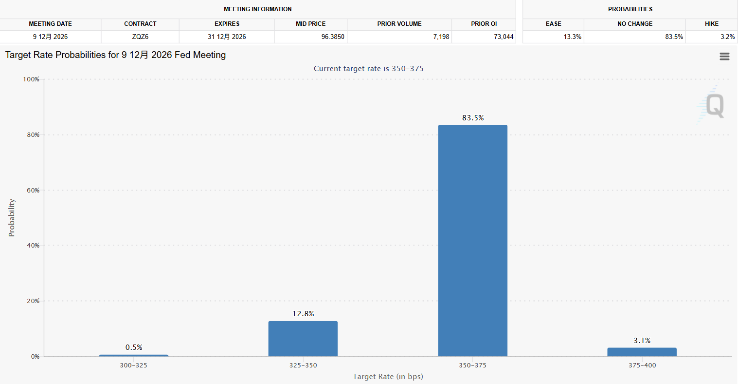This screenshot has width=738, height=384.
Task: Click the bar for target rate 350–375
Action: pos(472,241)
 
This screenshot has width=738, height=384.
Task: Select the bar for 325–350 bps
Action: pos(303,339)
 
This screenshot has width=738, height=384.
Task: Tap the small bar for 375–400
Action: pos(642,352)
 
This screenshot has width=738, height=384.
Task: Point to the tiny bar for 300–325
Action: pos(134,355)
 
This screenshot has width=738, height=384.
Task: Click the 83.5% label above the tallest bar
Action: pos(473,118)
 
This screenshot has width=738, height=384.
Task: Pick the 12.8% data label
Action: pos(303,314)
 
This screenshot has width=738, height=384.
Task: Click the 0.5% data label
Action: pos(134,347)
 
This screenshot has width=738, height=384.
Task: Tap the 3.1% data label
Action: pos(642,341)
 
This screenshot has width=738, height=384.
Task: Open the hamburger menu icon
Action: pos(724,57)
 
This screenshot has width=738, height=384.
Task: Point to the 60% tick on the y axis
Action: pos(33,191)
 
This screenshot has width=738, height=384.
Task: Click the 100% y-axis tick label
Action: pos(32,79)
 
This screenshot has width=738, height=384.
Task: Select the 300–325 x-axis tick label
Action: pos(133,365)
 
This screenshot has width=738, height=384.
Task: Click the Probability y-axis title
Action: pos(12,218)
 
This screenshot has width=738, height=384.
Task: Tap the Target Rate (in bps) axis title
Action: pos(388,377)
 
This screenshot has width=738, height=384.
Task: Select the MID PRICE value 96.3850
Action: pos(333,37)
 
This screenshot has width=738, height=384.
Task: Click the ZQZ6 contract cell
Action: pos(140,37)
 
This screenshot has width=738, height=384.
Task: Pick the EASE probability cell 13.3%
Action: pos(572,37)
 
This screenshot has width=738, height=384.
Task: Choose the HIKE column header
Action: pos(711,23)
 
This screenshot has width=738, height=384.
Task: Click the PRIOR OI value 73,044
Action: pos(504,37)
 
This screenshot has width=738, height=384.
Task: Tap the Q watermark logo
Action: pos(714,105)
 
